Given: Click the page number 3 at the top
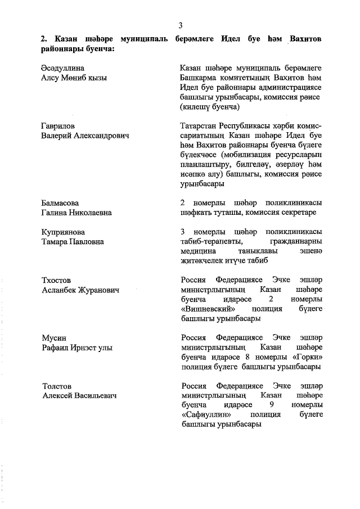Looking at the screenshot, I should [180, 25].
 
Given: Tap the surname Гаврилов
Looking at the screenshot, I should [58, 126].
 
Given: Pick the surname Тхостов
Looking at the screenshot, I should [56, 280].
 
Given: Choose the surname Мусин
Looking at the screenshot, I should [54, 338].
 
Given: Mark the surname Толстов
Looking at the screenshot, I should [57, 386].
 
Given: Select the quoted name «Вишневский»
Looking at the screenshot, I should [207, 309].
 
